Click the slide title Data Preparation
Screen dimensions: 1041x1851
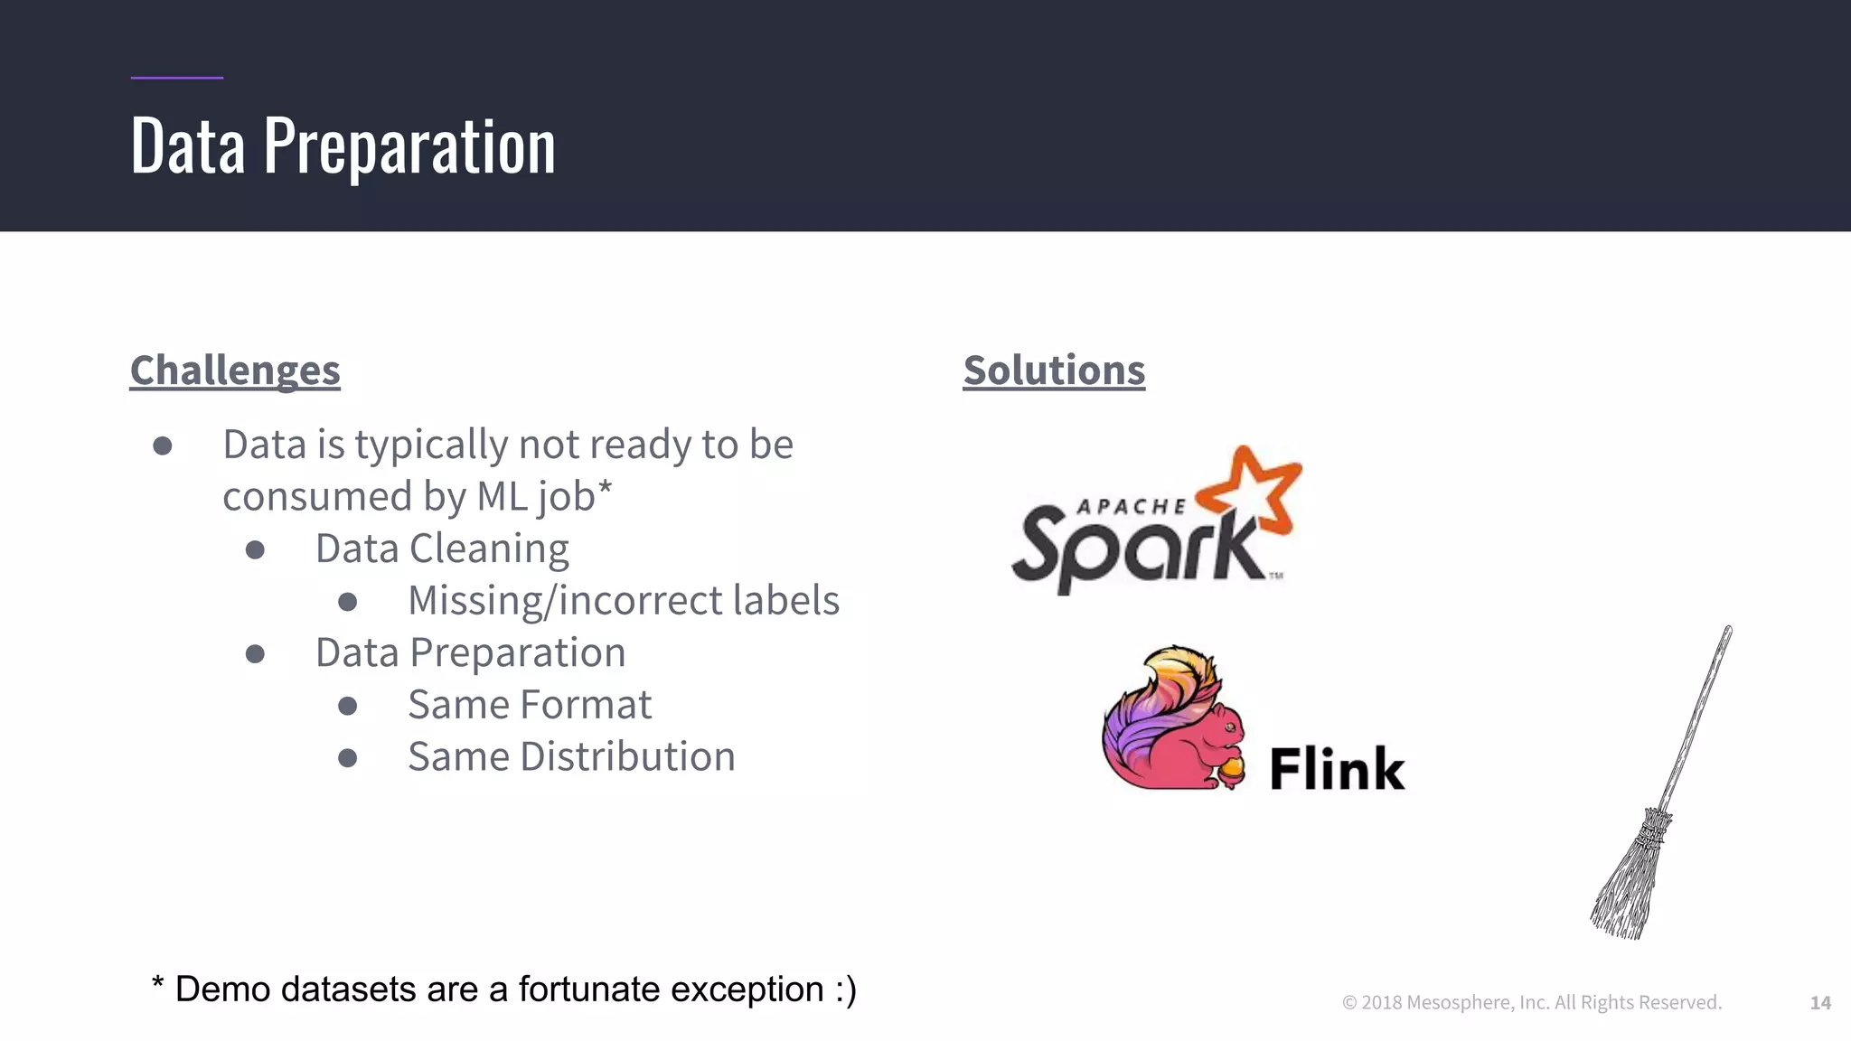point(343,146)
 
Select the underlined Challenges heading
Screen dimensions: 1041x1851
point(235,370)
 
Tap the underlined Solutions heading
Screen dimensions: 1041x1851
point(1054,370)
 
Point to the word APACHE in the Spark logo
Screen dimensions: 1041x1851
point(1131,507)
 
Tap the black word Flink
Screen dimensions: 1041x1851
point(1337,769)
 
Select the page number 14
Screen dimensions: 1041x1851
point(1820,1002)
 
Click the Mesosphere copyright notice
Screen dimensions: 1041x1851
point(1532,1002)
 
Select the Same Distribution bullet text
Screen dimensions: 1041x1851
point(571,757)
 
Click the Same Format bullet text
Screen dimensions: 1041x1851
point(530,705)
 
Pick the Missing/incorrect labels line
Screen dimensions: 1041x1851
point(624,601)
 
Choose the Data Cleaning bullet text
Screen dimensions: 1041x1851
point(442,549)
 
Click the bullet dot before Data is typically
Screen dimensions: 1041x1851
point(163,445)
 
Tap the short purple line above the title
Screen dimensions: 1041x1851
point(177,78)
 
